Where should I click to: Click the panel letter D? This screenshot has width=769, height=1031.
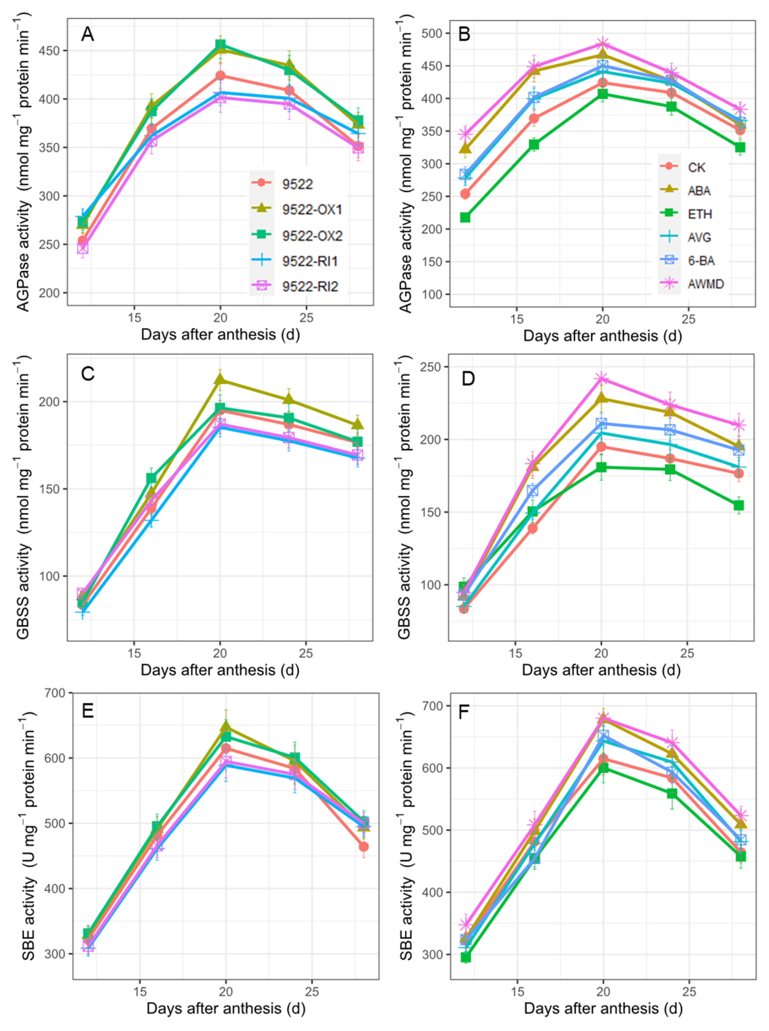[468, 378]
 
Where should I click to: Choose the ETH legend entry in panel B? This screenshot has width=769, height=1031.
[700, 214]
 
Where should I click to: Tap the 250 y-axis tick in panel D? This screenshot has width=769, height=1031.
[431, 367]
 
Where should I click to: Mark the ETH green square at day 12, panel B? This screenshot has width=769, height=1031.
[465, 217]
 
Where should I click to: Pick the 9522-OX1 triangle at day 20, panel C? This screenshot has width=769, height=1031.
[220, 380]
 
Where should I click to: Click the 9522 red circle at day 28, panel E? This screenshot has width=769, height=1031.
[364, 846]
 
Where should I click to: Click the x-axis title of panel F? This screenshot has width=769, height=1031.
[603, 1008]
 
